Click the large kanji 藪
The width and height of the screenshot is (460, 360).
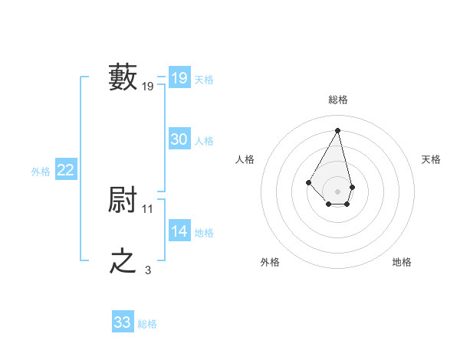pos(123,77)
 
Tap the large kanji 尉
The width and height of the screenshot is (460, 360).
pos(123,201)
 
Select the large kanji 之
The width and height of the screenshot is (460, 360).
pos(123,261)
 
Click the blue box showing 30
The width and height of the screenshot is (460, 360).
pos(179,139)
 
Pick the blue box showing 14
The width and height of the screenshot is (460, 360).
pos(179,231)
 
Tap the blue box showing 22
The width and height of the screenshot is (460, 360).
pos(65,170)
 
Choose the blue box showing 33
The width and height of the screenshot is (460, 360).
pos(123,322)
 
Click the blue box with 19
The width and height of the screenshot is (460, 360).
pos(179,77)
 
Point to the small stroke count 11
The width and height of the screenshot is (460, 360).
pos(148,208)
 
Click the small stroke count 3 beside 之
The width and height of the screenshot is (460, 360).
pos(148,270)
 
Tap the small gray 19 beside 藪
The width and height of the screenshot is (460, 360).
pos(148,87)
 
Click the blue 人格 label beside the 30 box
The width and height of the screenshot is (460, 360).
pos(204,141)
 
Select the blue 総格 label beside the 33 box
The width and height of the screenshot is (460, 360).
pos(147,325)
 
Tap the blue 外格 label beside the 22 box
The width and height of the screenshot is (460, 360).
pos(41,172)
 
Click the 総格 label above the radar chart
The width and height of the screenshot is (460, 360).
pos(337,100)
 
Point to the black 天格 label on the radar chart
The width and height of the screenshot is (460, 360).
pos(431,159)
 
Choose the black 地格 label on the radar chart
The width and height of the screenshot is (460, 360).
pos(402,263)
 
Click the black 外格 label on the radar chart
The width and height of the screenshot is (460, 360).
pos(270,263)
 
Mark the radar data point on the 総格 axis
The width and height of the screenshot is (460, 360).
pos(337,129)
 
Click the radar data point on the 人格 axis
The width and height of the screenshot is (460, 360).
pos(308,182)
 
